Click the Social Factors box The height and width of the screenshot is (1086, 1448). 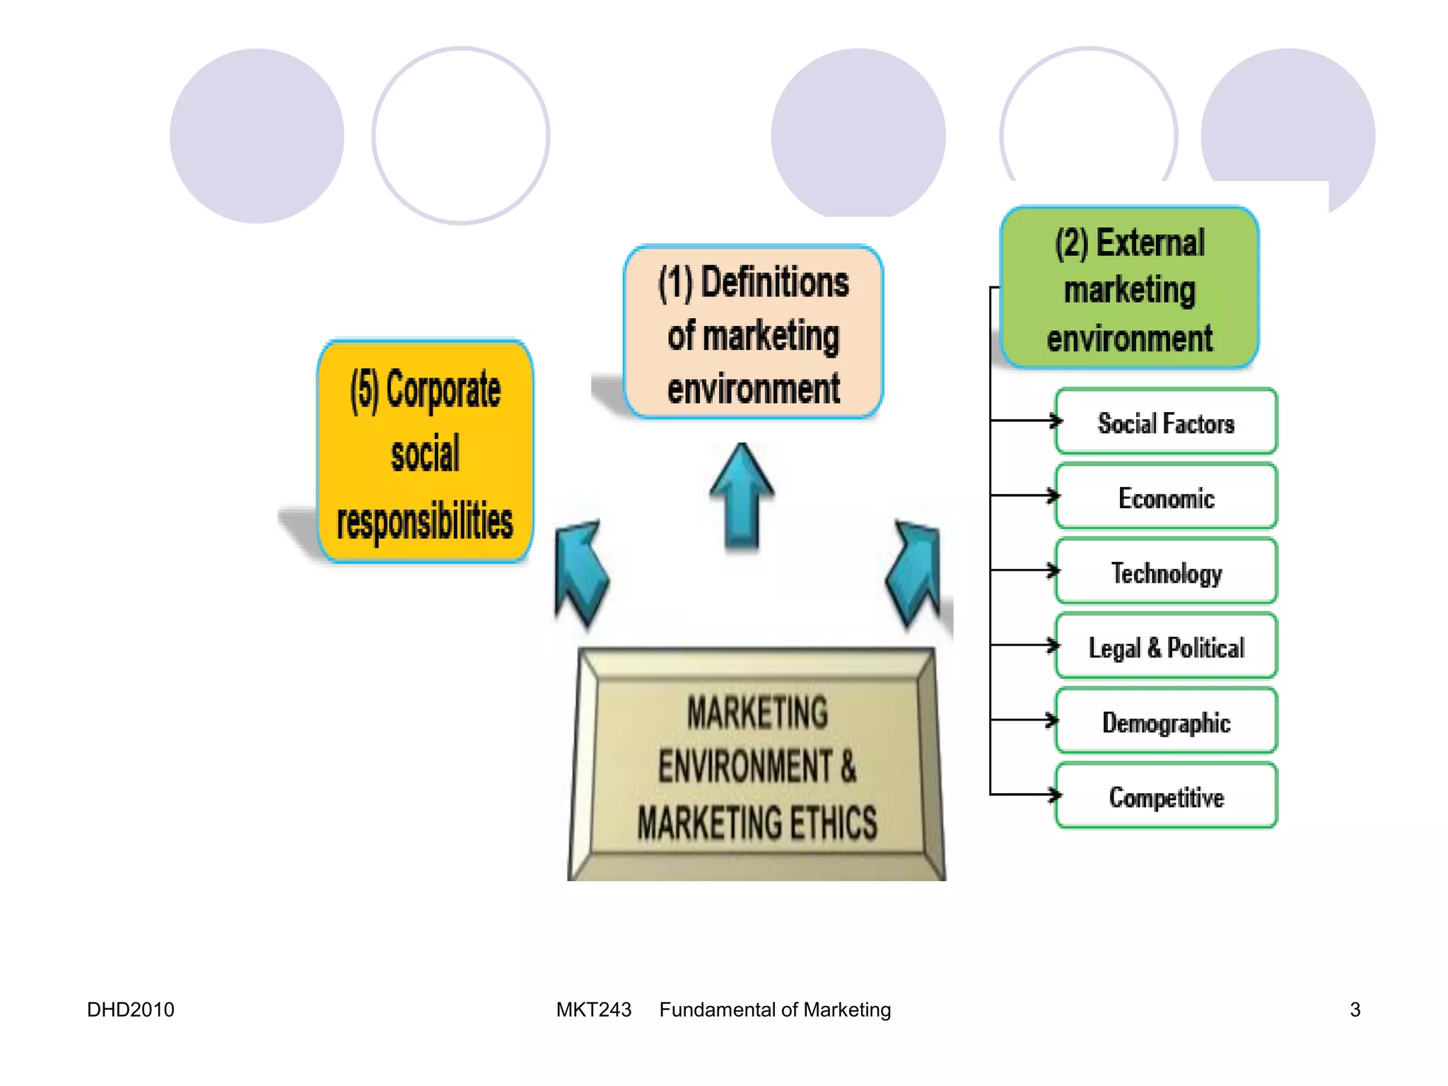(1166, 422)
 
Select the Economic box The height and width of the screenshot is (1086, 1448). (1166, 497)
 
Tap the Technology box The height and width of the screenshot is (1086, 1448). (1166, 572)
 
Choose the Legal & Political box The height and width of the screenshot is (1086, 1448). (1166, 647)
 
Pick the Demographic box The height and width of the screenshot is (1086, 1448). (1166, 722)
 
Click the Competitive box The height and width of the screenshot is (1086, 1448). (1166, 796)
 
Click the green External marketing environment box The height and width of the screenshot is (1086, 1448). (1129, 288)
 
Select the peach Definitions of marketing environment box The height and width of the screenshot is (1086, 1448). (753, 333)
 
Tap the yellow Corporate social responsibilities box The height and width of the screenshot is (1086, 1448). (425, 452)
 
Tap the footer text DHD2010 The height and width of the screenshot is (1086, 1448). (130, 1009)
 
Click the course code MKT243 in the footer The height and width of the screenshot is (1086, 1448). (593, 1009)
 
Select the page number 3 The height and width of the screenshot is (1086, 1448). (1355, 1009)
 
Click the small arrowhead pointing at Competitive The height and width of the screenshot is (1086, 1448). (1055, 795)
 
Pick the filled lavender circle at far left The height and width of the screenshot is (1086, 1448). (257, 136)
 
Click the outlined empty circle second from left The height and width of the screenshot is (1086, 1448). (460, 136)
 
